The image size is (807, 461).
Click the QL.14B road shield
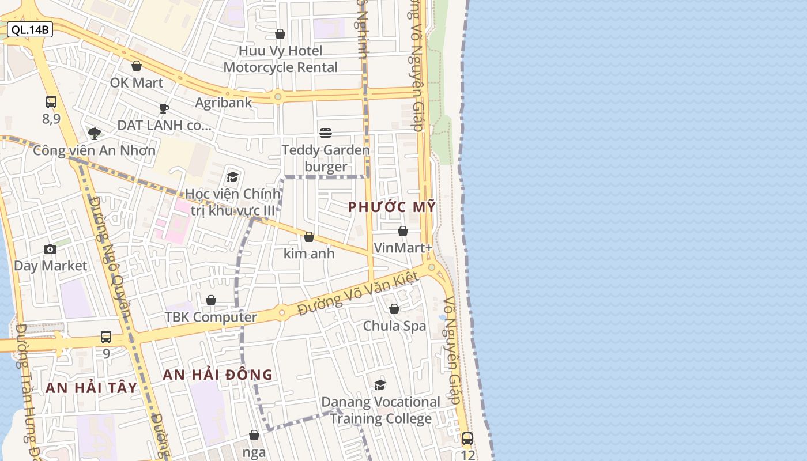pyautogui.click(x=30, y=29)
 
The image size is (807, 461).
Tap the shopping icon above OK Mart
pyautogui.click(x=137, y=66)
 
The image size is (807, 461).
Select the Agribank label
pyautogui.click(x=224, y=103)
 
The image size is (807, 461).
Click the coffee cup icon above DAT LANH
pyautogui.click(x=164, y=108)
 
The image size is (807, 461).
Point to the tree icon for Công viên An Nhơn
pyautogui.click(x=95, y=134)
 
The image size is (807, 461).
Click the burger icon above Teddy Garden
pyautogui.click(x=326, y=133)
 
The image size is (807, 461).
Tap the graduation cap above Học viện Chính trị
pyautogui.click(x=232, y=177)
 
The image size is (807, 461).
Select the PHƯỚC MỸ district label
pyautogui.click(x=392, y=207)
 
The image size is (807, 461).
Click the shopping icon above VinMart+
pyautogui.click(x=403, y=231)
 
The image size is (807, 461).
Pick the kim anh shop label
pyautogui.click(x=309, y=254)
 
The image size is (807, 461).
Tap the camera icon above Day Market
pyautogui.click(x=50, y=249)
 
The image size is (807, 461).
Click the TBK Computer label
pyautogui.click(x=211, y=317)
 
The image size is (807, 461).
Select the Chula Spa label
pyautogui.click(x=394, y=326)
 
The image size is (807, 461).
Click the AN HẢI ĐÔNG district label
pyautogui.click(x=217, y=375)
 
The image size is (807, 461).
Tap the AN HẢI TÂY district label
pyautogui.click(x=92, y=388)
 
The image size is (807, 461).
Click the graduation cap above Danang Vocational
pyautogui.click(x=380, y=385)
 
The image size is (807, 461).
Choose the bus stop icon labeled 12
pyautogui.click(x=467, y=439)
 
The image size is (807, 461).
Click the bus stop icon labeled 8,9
pyautogui.click(x=51, y=102)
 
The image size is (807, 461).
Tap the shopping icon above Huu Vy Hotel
pyautogui.click(x=280, y=34)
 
